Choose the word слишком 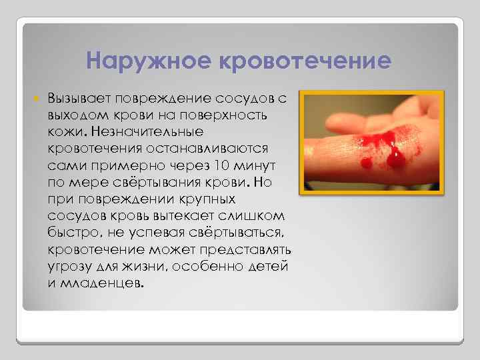coord(254,215)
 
